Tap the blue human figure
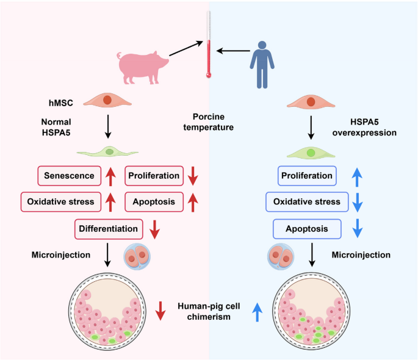coord(262,65)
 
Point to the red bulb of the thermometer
coord(209,75)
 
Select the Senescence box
coord(70,176)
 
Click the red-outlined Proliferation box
coord(154,176)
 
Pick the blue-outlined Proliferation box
coord(307,176)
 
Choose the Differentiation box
coord(109,229)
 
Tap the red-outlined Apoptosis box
coord(154,202)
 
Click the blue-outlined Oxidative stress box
coord(307,202)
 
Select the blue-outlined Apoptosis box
coord(307,229)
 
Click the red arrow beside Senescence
coord(110,176)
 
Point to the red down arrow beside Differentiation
coord(154,229)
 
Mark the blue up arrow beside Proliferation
coord(357,177)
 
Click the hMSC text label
coord(61,103)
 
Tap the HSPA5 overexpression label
coord(364,128)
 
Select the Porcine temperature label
coord(209,122)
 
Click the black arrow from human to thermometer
coord(233,51)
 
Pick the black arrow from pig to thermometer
coord(186,48)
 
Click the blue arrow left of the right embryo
coord(258,312)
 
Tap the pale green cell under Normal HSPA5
coord(107,152)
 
